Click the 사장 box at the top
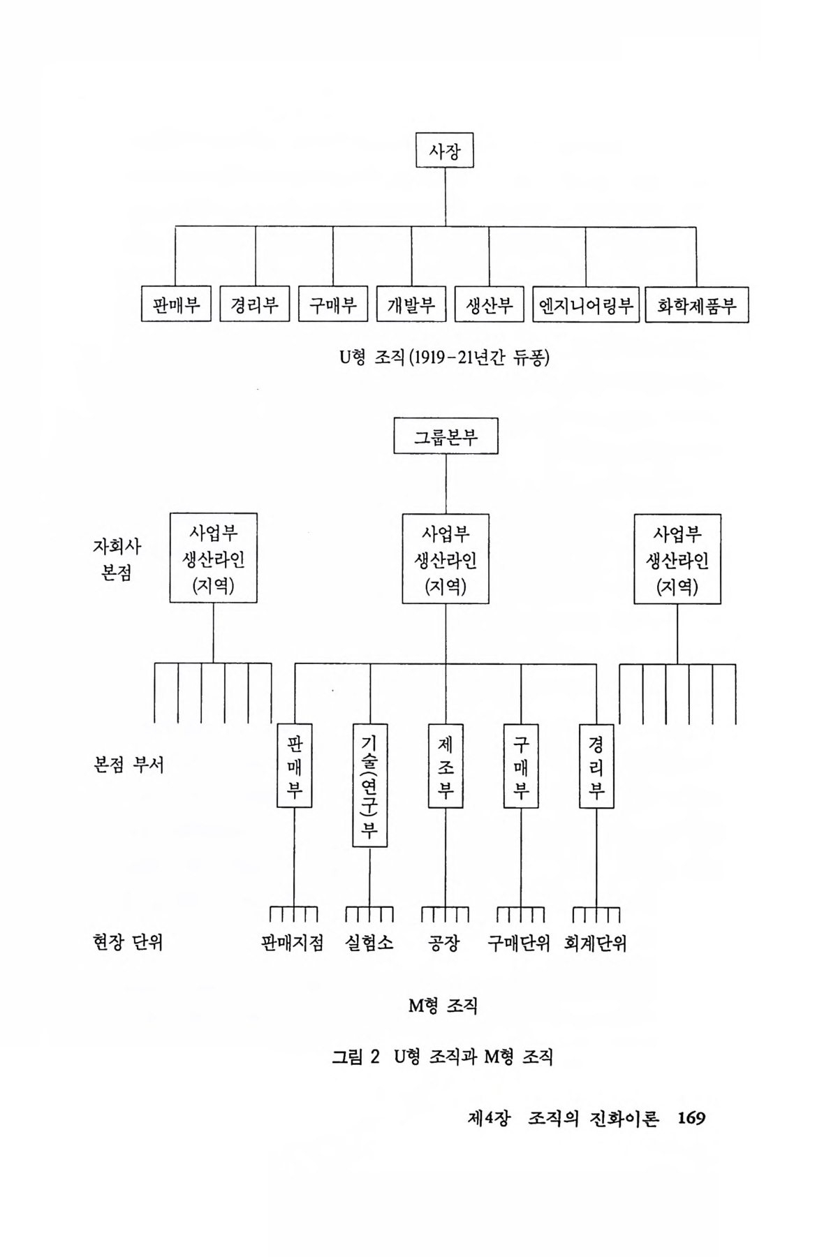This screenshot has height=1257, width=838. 444,150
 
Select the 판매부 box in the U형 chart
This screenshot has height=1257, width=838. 176,304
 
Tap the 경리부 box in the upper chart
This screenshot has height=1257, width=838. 254,304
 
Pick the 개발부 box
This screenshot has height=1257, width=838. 411,304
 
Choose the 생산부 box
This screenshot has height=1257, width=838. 489,304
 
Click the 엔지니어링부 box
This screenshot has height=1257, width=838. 585,304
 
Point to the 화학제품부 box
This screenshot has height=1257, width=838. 696,305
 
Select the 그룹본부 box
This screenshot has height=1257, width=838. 446,436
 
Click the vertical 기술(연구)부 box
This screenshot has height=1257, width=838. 369,785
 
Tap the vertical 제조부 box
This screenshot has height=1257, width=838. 446,766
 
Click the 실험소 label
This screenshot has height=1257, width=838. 369,943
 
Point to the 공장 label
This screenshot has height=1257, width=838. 444,943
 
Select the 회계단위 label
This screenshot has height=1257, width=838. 595,943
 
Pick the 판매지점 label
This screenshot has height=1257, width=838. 292,943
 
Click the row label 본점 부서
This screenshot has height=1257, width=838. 128,765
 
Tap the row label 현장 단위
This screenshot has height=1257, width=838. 128,943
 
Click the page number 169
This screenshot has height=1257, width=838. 691,1118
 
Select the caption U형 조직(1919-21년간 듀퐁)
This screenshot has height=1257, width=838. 444,358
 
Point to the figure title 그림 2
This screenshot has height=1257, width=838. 355,1057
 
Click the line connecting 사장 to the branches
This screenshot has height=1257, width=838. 445,197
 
